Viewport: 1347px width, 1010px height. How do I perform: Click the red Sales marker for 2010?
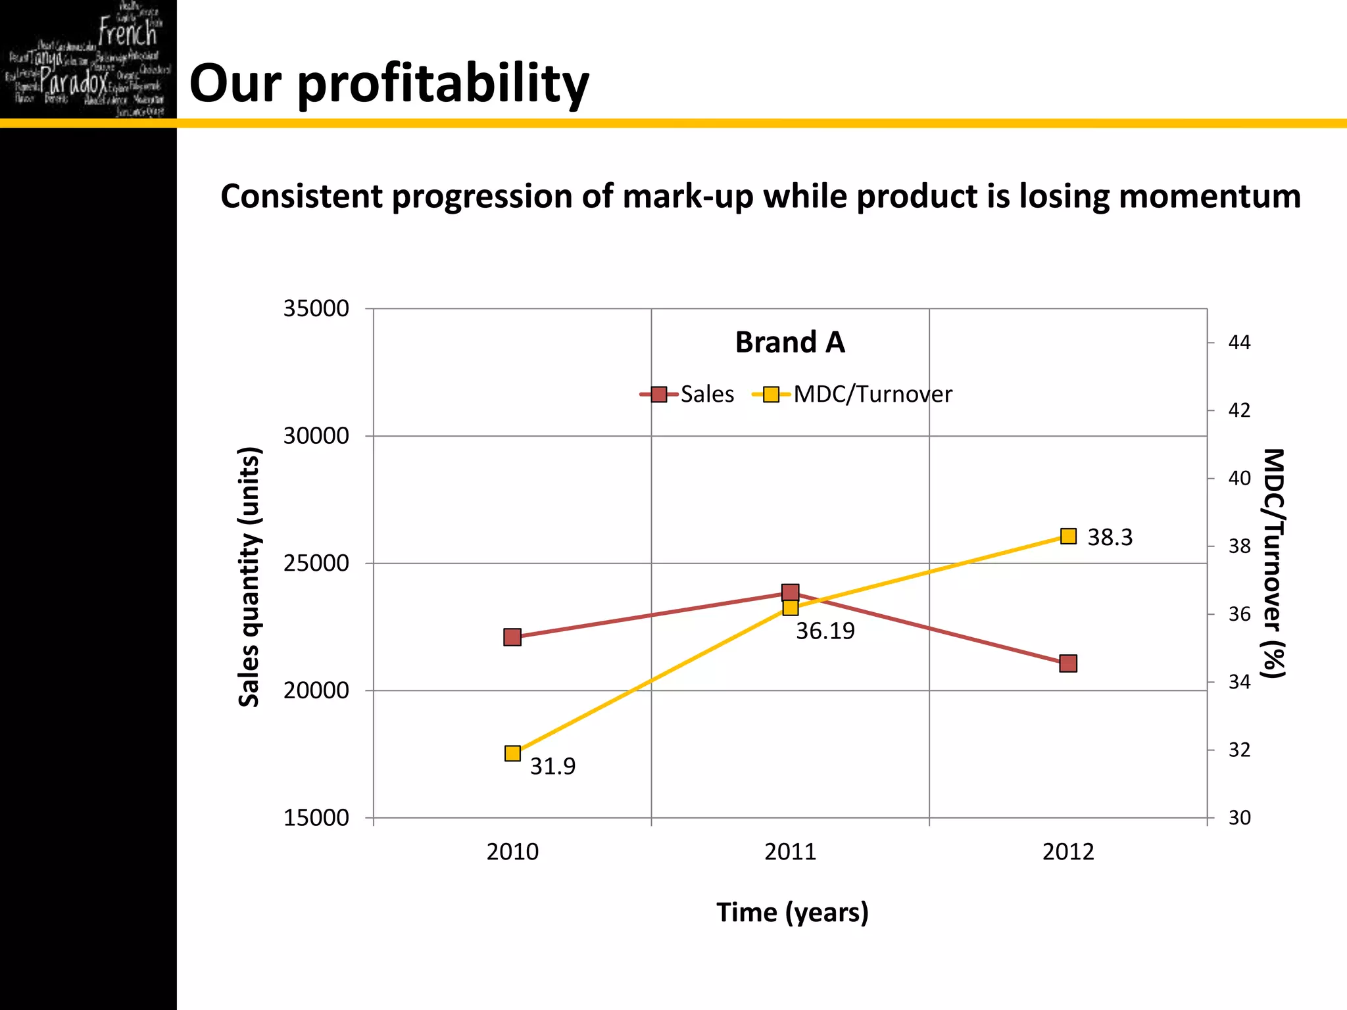coord(512,637)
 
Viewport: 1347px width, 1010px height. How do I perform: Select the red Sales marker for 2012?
coord(1068,663)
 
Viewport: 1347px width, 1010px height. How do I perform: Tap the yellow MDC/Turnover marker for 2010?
coord(512,753)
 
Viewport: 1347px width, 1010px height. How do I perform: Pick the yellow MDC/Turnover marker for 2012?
coord(1068,537)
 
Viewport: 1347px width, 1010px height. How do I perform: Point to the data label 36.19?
coord(825,631)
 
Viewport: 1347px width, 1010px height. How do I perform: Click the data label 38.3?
coord(1110,537)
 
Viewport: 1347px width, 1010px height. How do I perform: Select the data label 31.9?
coord(552,766)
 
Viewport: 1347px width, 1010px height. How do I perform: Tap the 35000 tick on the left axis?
coord(316,308)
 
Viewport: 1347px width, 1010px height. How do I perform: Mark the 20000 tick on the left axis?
coord(316,690)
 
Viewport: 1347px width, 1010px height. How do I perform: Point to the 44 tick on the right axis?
coord(1239,343)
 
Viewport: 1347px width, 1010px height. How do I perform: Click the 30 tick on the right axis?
coord(1239,818)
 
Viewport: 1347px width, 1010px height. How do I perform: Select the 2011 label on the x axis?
coord(790,852)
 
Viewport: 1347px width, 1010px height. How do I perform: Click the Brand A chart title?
coord(790,343)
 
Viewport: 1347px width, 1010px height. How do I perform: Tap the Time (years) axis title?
coord(792,913)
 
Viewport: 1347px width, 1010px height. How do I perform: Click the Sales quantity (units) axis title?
coord(249,577)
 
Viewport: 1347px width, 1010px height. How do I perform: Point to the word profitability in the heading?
coord(443,84)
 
